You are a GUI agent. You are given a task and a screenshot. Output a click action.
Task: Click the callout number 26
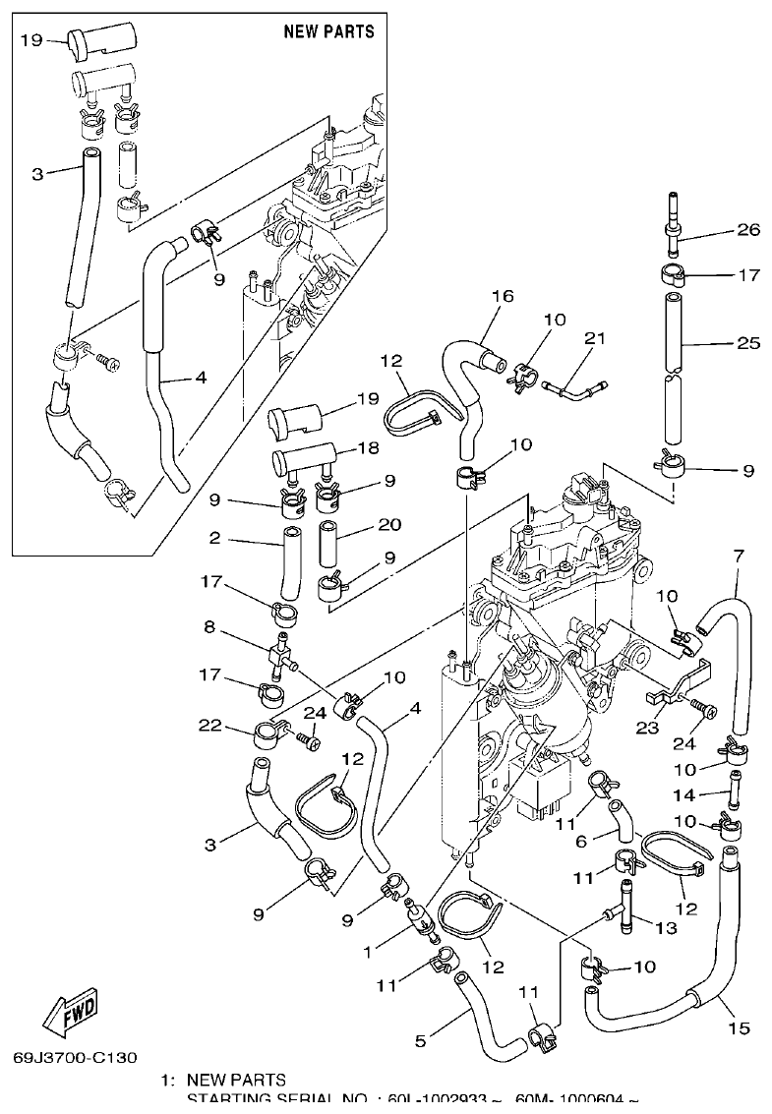[748, 231]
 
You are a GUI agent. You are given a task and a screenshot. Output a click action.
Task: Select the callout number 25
[748, 343]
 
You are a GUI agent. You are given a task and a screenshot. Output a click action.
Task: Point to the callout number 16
[503, 296]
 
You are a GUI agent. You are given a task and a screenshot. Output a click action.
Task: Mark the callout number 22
[208, 726]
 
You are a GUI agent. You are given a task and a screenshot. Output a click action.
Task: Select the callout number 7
[738, 557]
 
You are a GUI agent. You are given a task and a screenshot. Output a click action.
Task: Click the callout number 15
[739, 1028]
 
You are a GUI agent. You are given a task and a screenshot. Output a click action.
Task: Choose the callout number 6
[580, 842]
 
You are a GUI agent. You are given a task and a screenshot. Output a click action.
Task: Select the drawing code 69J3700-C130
[75, 1058]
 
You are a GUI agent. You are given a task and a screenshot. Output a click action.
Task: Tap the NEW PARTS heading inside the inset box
[328, 31]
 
